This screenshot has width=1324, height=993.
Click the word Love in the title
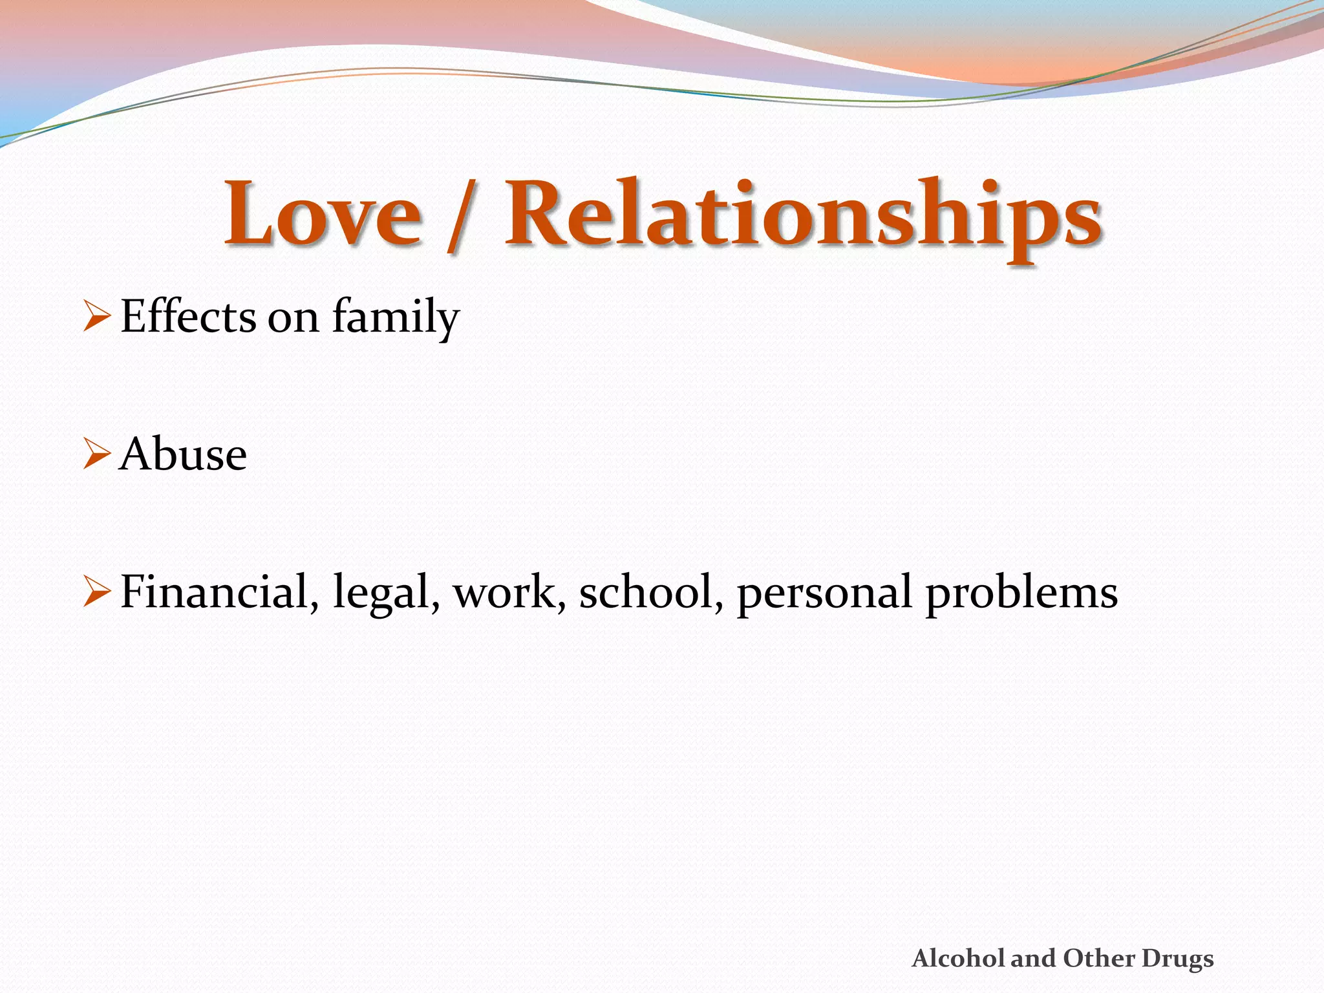click(323, 213)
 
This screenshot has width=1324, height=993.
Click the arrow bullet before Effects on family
click(97, 317)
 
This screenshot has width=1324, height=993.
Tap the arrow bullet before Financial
click(97, 592)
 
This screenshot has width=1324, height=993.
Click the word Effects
click(188, 317)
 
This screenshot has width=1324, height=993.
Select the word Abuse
click(183, 454)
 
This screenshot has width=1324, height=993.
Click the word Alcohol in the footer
click(959, 958)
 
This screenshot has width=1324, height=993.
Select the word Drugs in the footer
click(1177, 959)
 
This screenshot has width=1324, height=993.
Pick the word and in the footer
click(1034, 958)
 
